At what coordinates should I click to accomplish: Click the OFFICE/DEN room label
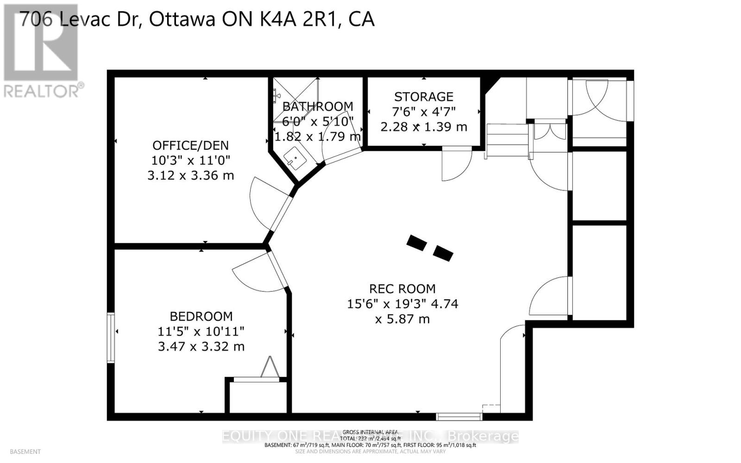190,146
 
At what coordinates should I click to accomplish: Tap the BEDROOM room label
201,317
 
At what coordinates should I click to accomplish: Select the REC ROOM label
402,289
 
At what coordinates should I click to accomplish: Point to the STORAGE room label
423,97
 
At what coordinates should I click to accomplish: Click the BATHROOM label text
318,107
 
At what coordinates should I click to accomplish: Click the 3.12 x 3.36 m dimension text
190,176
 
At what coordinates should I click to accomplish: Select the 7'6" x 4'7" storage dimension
423,112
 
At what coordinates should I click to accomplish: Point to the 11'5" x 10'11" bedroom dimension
201,331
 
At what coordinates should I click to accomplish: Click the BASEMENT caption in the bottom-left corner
25,451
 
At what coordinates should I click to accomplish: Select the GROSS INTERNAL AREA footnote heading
370,432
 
